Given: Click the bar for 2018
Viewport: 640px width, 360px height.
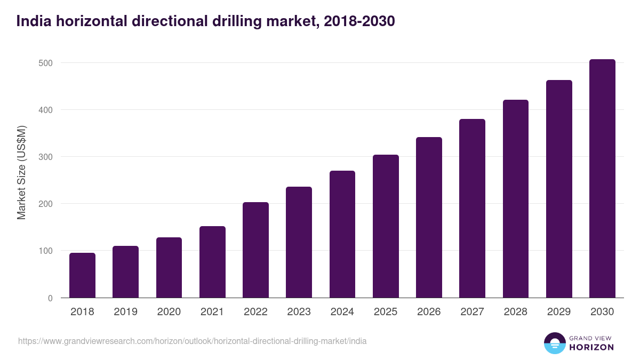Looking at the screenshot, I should tap(82, 275).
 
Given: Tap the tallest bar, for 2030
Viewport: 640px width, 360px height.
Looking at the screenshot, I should tap(602, 179).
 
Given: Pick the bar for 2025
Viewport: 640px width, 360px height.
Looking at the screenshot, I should tap(386, 226).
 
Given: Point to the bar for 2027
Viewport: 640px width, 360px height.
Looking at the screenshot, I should tap(472, 208).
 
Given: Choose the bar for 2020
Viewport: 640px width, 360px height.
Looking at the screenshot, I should tap(169, 267).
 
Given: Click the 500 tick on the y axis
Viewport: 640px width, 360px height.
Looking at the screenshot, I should tap(46, 63).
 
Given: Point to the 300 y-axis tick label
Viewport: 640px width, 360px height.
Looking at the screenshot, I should tap(46, 157).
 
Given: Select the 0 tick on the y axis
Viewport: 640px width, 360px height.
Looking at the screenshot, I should tap(50, 298).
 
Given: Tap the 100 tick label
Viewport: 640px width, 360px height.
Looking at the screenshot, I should tap(46, 251).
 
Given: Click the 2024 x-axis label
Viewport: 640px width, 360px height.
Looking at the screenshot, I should tap(342, 312).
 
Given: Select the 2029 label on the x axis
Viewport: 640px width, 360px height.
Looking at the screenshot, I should tap(559, 312).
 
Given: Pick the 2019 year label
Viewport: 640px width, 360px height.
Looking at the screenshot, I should tap(125, 312).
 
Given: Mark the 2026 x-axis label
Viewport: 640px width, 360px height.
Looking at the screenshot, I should tap(429, 312).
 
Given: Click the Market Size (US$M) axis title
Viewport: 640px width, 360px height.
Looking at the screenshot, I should tap(22, 172).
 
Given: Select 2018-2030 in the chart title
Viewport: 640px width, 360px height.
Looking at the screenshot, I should tap(359, 21).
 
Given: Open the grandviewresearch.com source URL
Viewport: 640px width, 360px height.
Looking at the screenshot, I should tap(192, 341).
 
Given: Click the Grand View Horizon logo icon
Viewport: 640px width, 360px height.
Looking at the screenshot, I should tap(554, 343).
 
